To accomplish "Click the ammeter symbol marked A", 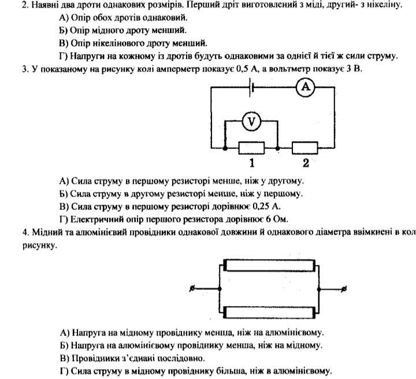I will pos(305,87).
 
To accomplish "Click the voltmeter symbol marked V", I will pos(251,122).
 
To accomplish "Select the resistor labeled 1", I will pos(251,148).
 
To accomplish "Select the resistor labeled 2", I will pos(304,148).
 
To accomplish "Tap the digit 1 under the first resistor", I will pos(251,163).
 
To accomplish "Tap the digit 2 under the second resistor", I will pos(305,163).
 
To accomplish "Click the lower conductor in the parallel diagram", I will pos(270,312).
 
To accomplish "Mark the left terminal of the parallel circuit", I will pos(192,289).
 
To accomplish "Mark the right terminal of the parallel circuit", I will pos(345,289).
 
